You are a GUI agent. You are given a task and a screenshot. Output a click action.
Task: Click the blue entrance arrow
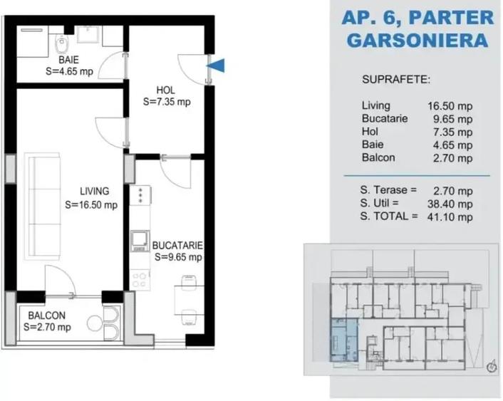click(219, 66)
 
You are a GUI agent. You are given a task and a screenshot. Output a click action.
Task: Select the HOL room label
click(165, 90)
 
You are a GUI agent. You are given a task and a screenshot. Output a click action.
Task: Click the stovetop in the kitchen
click(140, 194)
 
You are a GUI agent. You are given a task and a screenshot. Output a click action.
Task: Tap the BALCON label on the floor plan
click(47, 316)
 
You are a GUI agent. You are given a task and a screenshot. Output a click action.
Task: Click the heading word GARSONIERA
click(417, 40)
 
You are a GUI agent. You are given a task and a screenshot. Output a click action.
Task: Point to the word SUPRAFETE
click(396, 79)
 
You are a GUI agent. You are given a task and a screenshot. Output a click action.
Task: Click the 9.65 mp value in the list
click(453, 119)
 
